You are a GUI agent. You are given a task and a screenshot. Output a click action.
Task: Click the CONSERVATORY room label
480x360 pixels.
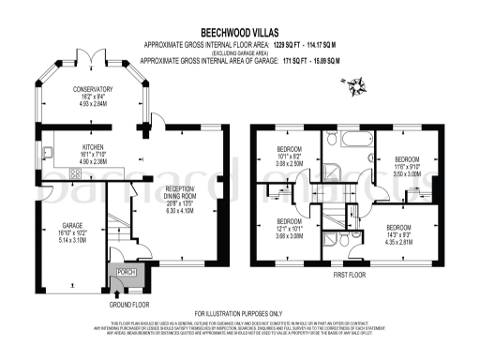94,89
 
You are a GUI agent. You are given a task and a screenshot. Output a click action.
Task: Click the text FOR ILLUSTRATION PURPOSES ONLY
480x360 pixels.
238,313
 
